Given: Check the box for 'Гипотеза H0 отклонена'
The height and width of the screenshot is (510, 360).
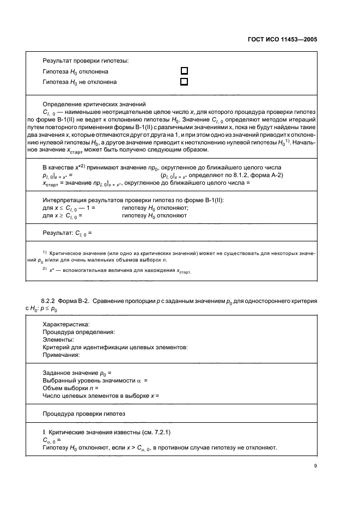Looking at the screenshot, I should (184, 71).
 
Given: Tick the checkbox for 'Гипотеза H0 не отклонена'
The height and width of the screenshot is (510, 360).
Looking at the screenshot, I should (184, 82).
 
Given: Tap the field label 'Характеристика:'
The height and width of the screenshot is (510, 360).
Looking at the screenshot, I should (66, 324).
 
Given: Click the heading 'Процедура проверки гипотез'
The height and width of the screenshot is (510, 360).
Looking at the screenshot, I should (84, 414).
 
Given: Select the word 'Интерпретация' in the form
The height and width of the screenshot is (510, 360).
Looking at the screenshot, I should (66, 200).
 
